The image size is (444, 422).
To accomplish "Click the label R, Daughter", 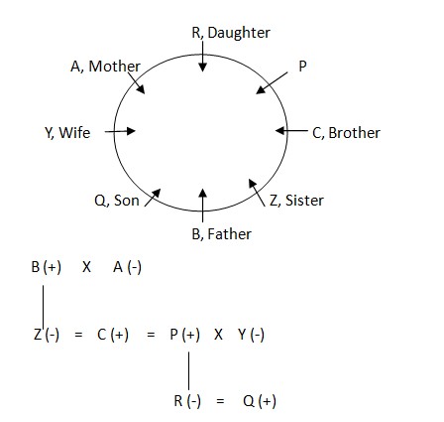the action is coord(231,33).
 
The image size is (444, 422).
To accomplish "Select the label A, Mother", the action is coord(105,67).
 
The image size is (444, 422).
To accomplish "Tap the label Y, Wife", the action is coord(67,133).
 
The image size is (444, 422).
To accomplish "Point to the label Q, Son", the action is coord(117,201).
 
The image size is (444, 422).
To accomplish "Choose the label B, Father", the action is coord(222,234).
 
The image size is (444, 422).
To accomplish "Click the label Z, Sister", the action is coord(296,201).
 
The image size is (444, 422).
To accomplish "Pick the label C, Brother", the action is coord(346,133).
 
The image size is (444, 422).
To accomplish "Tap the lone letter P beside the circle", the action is coord(302,67).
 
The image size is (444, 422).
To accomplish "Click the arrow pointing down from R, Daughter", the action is coord(203,57).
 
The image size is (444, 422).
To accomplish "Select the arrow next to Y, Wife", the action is coord(120,131).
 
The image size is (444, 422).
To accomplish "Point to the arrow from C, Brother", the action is coord(291,130).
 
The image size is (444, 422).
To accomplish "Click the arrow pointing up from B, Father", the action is coord(203,206).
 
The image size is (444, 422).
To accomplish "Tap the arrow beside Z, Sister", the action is coord(257,193).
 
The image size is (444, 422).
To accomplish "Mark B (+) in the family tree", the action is coord(47,267).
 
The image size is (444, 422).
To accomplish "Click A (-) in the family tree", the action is coord(127,267).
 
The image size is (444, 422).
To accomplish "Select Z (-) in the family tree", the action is coord(47,335).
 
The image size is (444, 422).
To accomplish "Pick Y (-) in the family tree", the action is coord(251,335).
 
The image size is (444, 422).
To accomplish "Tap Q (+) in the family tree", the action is coord(260,401).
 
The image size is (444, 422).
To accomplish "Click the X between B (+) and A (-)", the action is coord(86,267).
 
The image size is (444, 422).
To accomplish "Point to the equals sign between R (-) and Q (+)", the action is coord(220,401).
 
